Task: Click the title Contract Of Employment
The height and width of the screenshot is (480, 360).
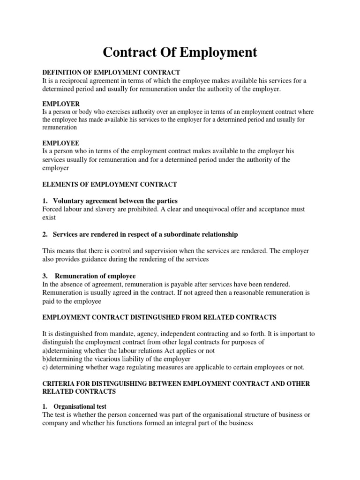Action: [x=180, y=52]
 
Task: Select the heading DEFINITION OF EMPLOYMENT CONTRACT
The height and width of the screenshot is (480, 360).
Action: [x=111, y=72]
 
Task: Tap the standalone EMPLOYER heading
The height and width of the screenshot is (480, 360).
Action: [x=61, y=104]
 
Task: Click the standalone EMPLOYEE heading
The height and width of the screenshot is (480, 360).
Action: [x=61, y=143]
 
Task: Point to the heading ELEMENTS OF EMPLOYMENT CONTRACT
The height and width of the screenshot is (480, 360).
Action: [x=110, y=184]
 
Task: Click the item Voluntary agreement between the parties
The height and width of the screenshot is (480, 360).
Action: [x=115, y=201]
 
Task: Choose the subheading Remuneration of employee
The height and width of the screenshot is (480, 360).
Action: [x=95, y=276]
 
